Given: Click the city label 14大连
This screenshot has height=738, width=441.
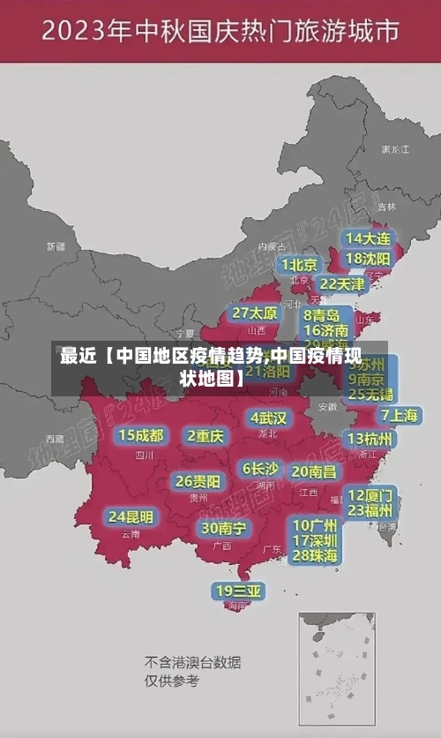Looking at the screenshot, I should pos(368,238).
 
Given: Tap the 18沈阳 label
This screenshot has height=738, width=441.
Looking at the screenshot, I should pos(368,259).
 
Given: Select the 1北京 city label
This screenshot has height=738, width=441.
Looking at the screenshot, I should pos(300,265).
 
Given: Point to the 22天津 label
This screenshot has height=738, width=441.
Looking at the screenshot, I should pos(341,284).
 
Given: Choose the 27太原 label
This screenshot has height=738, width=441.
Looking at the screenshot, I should pos(255,313).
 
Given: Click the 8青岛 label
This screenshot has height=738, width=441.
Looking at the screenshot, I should pos(321,315).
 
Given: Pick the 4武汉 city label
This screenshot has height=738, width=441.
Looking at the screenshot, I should pos(268,418).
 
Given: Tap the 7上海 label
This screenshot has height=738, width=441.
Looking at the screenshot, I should pos(399,415).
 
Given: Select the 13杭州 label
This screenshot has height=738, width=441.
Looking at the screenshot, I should pos(371,439).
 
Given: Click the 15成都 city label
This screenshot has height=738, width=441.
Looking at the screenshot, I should pos(141,435).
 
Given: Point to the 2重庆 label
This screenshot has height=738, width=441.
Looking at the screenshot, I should pos(206,435).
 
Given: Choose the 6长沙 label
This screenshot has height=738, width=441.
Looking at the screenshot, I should pos(260,468).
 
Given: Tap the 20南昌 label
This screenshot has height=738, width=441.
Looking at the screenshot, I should pos(314,471).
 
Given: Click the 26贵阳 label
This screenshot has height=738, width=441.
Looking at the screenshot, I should pos(198,482).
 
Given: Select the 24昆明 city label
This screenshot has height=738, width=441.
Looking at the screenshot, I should pos(131,516).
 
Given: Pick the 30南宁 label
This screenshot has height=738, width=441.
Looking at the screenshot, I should pos(223,528).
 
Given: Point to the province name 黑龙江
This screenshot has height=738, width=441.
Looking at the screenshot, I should pos(395,150).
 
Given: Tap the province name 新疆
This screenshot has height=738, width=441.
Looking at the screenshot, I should pos(56,246).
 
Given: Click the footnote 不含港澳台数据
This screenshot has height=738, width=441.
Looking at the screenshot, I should pos(193,663).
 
